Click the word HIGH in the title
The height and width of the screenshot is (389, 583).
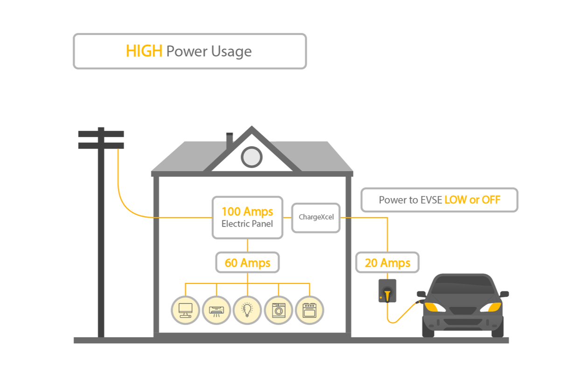click(x=144, y=51)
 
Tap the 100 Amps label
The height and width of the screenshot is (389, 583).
click(x=247, y=212)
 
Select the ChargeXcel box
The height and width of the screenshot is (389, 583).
click(x=316, y=217)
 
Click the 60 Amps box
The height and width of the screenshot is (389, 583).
click(x=247, y=263)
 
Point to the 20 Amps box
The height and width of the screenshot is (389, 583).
click(x=387, y=263)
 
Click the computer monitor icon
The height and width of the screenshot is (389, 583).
click(x=185, y=310)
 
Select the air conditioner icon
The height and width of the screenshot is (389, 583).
click(x=217, y=310)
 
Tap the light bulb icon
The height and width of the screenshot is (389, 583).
click(x=247, y=310)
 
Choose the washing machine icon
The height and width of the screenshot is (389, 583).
click(x=279, y=310)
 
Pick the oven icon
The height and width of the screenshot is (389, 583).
click(x=309, y=310)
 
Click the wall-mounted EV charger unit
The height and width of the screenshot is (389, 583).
click(x=387, y=290)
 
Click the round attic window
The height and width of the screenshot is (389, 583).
click(x=252, y=157)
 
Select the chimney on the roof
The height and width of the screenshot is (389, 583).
click(x=229, y=141)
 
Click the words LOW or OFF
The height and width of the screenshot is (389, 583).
click(x=472, y=200)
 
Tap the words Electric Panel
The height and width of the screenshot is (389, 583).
click(x=247, y=224)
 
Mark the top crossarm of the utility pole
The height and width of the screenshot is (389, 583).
click(x=101, y=134)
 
